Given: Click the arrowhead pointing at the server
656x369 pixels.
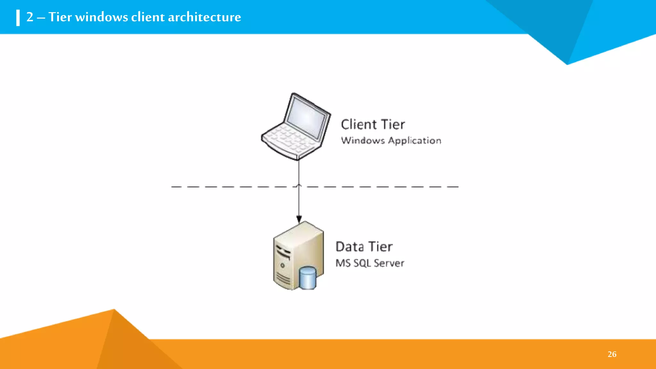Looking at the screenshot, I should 299,219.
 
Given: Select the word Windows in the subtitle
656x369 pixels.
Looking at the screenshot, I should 363,140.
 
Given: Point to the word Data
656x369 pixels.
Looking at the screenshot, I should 350,247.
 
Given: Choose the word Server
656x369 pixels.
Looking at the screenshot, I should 389,263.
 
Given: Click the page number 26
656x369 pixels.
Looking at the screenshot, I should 612,354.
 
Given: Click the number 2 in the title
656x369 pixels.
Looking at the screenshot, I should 30,17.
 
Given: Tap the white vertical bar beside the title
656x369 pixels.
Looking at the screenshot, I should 18,18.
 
